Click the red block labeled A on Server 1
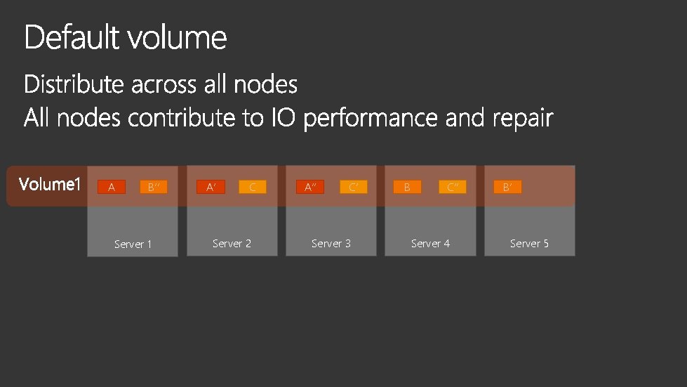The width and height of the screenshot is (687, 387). pyautogui.click(x=112, y=187)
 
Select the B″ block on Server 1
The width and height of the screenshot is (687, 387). pyautogui.click(x=154, y=187)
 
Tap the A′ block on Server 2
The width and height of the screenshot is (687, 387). pyautogui.click(x=211, y=187)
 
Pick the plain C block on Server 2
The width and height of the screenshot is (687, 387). pyautogui.click(x=253, y=187)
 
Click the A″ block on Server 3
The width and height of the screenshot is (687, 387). pyautogui.click(x=310, y=187)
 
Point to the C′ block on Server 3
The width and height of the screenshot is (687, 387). pyautogui.click(x=353, y=187)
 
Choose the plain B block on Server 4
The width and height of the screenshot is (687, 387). pyautogui.click(x=407, y=187)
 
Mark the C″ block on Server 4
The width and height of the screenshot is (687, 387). pyautogui.click(x=453, y=187)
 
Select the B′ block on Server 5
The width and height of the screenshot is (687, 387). pyautogui.click(x=507, y=187)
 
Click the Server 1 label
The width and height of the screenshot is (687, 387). pyautogui.click(x=133, y=244)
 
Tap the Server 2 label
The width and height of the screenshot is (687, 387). pyautogui.click(x=232, y=244)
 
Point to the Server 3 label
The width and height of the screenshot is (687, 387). pyautogui.click(x=331, y=244)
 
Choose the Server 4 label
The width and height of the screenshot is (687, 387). pyautogui.click(x=430, y=244)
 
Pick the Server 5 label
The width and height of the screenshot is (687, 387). pyautogui.click(x=529, y=244)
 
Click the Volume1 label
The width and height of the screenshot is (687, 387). pyautogui.click(x=50, y=185)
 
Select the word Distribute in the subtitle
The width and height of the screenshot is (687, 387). pyautogui.click(x=74, y=85)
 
